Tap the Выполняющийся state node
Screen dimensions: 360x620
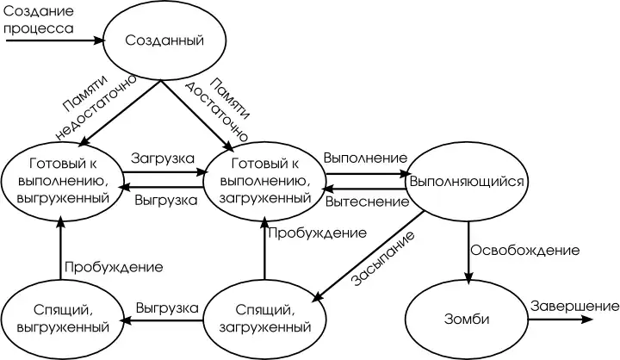click(x=466, y=183)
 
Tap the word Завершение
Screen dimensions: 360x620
click(x=574, y=306)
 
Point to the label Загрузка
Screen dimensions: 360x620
click(x=162, y=159)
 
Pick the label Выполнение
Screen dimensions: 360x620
click(x=365, y=158)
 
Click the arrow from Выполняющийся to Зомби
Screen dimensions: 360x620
click(x=468, y=250)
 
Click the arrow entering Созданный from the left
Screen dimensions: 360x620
click(x=52, y=40)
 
